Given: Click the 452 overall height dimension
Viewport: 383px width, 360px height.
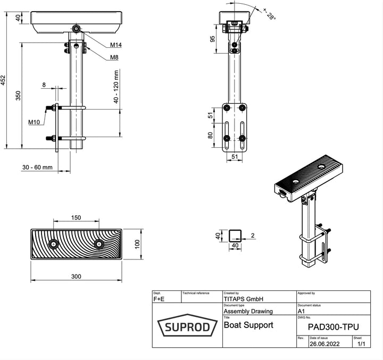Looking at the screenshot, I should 4,80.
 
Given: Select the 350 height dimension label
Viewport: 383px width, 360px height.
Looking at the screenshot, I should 18,96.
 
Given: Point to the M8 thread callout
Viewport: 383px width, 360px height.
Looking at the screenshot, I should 114,57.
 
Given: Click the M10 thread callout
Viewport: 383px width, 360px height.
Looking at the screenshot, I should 34,123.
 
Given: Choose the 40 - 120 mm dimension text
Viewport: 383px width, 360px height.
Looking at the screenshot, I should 116,88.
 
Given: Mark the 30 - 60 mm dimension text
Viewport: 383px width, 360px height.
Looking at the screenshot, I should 37,168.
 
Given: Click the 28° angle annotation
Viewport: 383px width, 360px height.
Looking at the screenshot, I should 269,14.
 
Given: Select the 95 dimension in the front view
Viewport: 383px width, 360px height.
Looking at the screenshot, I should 212,38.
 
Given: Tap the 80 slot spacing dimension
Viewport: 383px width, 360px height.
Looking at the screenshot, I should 211,135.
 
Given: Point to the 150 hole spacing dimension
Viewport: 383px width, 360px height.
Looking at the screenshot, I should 76,217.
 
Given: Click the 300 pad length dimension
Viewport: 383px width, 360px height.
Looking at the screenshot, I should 76,276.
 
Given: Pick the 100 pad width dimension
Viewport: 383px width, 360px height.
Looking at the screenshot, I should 137,244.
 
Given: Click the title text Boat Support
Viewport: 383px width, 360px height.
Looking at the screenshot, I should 248,324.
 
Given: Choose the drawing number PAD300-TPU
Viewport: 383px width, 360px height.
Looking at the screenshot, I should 332,326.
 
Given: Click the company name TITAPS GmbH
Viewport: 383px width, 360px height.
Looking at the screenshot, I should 244,299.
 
